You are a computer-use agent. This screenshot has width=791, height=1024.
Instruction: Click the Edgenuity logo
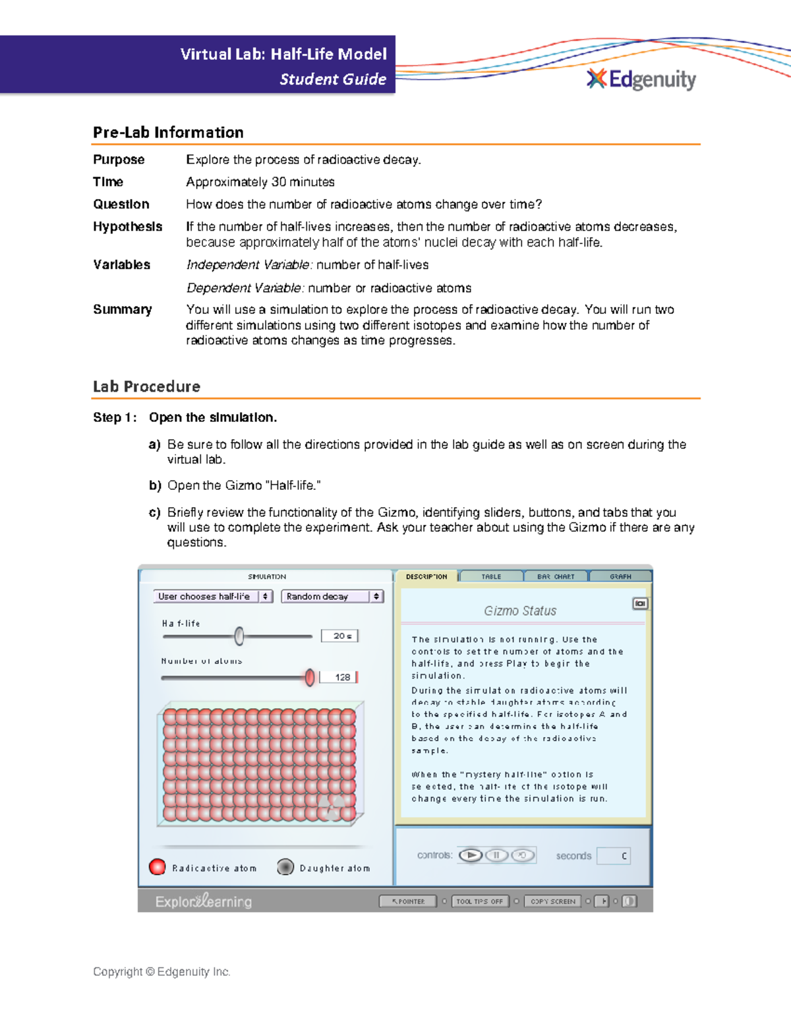coord(641,79)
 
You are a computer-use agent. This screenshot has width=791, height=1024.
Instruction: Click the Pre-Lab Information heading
coord(168,133)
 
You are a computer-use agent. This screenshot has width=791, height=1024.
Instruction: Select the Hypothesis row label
coord(127,227)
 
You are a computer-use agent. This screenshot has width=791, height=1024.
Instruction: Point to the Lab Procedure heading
coord(146,386)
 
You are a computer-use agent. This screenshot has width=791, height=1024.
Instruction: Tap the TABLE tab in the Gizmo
coord(491,576)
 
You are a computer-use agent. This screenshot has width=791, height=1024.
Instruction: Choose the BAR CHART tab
coord(555,576)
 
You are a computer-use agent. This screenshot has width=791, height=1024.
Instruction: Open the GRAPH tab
coord(620,576)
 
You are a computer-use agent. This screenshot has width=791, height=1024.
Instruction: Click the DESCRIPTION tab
coord(426,576)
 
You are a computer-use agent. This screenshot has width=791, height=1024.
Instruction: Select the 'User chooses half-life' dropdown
coord(212,596)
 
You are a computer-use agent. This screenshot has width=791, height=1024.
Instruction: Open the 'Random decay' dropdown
coord(332,596)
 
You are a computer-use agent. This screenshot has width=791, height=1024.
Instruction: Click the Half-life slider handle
coord(239,636)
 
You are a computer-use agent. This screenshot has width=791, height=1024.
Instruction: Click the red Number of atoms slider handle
coord(310,677)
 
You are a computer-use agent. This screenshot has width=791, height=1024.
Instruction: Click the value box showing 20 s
coord(339,636)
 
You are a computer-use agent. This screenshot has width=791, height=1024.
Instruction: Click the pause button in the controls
coord(496,855)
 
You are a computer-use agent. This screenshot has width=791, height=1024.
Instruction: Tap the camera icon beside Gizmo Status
coord(639,603)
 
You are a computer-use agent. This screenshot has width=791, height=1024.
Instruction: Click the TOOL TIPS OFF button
coord(479,901)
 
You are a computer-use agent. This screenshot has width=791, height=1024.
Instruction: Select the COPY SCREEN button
coord(552,901)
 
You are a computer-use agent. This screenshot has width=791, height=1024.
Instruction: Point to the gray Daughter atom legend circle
coord(285,867)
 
